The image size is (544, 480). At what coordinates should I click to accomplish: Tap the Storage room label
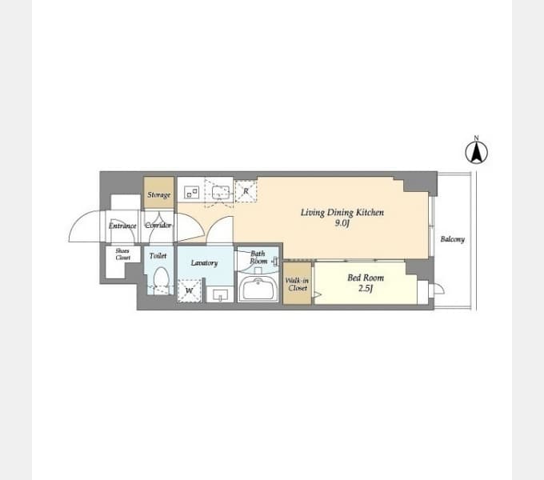[159, 195]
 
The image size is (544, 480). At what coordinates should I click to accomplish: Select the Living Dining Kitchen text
[342, 212]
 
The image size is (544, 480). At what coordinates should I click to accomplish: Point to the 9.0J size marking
[342, 223]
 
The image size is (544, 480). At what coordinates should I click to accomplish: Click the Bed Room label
[366, 278]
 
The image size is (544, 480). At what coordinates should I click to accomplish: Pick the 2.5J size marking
[366, 289]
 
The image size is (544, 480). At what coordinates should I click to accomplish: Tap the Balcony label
[453, 239]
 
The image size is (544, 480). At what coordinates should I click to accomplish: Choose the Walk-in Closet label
[298, 284]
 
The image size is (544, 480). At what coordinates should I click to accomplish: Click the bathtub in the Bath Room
[258, 289]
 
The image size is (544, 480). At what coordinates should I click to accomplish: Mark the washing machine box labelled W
[189, 290]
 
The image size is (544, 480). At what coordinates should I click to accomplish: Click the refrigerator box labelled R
[246, 191]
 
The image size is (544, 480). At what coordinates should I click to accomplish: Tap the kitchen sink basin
[221, 193]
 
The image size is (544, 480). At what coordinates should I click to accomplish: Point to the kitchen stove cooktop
[191, 191]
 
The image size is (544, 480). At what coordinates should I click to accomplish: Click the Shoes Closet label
[123, 254]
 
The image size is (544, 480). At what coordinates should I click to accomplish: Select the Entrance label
[122, 226]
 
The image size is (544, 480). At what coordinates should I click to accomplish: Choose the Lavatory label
[204, 263]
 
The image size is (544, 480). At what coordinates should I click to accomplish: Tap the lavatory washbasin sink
[220, 295]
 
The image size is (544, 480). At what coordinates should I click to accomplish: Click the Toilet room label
[158, 256]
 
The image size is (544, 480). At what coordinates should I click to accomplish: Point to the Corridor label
[158, 226]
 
